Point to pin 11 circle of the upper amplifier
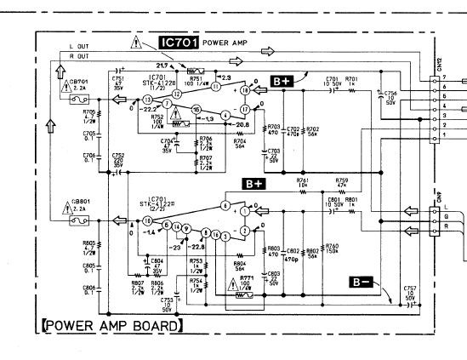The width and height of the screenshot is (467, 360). (216, 87)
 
